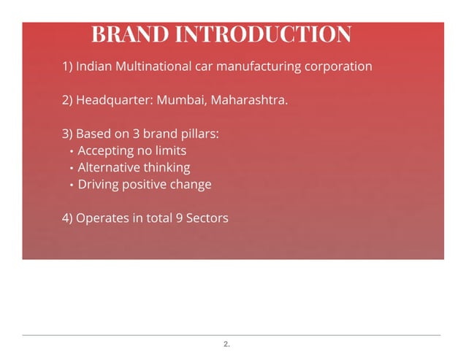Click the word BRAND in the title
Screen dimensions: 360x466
[x=129, y=34]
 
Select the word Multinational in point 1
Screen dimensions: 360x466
[x=156, y=66]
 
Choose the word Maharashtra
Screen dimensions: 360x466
[x=249, y=100]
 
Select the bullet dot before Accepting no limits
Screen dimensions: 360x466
[x=71, y=152]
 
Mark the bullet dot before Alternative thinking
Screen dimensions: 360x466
[x=71, y=169]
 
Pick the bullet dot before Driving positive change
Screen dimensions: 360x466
[x=71, y=185]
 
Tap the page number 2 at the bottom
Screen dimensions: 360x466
[x=226, y=343]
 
